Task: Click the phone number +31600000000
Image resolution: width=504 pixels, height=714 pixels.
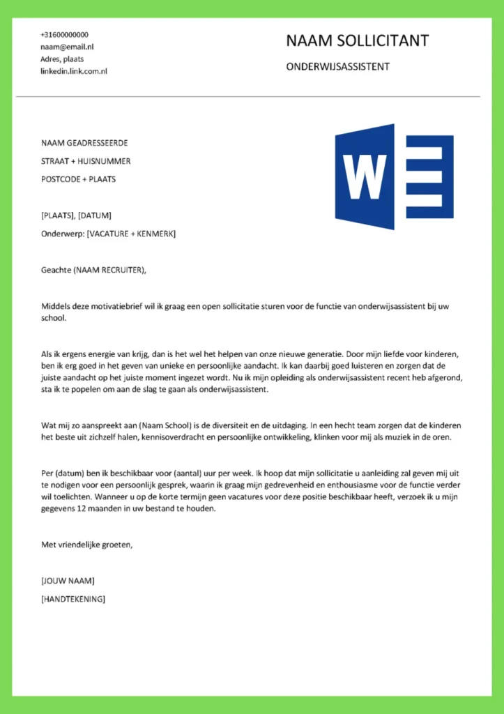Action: click(64, 34)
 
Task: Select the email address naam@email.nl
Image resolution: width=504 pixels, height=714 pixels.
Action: click(67, 47)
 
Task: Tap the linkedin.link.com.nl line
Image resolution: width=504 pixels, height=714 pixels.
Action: click(73, 71)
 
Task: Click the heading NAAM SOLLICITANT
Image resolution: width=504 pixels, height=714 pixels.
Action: click(357, 41)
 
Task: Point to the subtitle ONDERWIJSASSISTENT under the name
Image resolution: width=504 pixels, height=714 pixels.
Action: click(337, 67)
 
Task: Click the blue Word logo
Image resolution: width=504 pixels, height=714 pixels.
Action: click(394, 177)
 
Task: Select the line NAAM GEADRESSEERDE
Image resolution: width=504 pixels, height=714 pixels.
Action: click(84, 143)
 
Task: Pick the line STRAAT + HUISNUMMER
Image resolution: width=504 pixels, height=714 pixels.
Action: click(86, 161)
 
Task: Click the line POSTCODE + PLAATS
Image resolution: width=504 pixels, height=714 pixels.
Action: click(78, 179)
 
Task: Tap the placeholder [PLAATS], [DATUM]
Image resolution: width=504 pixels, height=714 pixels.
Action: click(76, 215)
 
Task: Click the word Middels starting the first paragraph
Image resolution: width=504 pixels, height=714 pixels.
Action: click(56, 306)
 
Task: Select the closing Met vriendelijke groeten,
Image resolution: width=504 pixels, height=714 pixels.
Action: click(87, 545)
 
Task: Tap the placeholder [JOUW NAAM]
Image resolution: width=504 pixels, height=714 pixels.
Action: click(68, 581)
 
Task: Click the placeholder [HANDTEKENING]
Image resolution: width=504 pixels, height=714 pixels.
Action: click(73, 598)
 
